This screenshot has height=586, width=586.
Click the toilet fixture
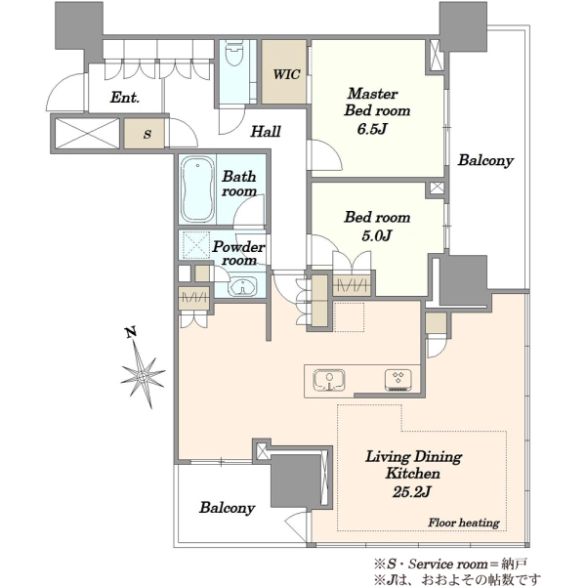tap(234, 53)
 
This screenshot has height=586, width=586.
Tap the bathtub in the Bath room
tap(197, 189)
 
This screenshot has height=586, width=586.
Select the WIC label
tap(286, 74)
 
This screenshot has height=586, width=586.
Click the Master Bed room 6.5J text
tap(376, 110)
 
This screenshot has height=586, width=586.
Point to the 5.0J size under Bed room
tap(376, 235)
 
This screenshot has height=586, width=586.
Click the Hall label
tap(266, 131)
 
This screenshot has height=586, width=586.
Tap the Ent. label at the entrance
tap(125, 97)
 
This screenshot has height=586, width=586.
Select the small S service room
tap(145, 133)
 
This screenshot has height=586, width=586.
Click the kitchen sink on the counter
tap(329, 381)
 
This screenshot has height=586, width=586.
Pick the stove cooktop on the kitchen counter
tap(398, 381)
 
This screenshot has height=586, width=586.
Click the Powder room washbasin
tap(243, 287)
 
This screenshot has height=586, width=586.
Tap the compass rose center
tap(143, 376)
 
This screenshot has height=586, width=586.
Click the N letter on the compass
tap(131, 331)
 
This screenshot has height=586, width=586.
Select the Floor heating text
tap(464, 523)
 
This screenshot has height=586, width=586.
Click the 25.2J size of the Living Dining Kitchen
tap(411, 492)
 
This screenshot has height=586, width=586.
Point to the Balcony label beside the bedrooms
tap(485, 160)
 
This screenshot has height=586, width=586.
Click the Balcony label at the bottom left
tap(228, 508)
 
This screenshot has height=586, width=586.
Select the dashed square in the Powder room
tap(196, 245)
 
